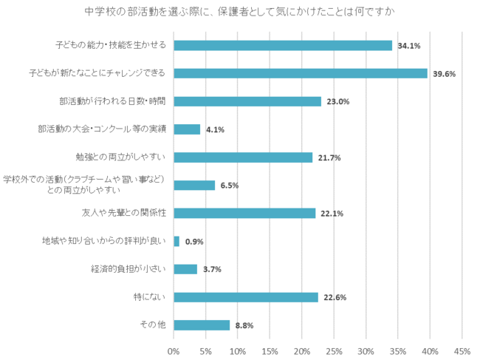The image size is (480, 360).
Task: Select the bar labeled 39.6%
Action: point(301,73)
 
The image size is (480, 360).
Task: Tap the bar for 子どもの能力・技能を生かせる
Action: point(283,45)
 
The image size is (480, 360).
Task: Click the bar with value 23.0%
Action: point(247,101)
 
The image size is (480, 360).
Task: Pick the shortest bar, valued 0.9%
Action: point(176,241)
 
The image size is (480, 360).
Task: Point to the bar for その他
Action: point(202,325)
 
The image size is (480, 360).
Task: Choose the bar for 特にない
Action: point(246,297)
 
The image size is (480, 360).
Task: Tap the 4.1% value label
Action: point(216,130)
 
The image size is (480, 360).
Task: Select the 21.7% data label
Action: point(329,157)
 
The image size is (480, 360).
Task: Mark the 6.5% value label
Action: point(230,186)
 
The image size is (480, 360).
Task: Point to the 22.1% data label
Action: point(332,214)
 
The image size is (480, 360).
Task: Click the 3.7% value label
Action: point(212,270)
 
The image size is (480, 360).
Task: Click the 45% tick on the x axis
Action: point(462,351)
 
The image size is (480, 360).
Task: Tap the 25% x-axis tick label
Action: point(334,351)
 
